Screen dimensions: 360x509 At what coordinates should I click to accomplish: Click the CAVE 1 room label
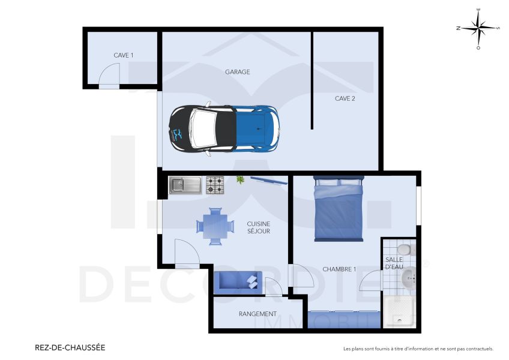124,55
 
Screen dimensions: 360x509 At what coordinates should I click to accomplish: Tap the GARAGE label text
237,72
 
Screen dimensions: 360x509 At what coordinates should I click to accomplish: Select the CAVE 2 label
345,98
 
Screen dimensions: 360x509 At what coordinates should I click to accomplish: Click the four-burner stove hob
215,185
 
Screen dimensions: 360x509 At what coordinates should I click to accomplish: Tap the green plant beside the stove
241,179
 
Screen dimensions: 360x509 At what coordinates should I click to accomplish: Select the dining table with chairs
215,226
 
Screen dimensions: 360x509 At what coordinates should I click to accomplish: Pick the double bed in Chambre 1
339,209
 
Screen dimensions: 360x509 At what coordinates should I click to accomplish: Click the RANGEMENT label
258,314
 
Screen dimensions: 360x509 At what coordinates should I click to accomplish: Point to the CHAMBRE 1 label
339,269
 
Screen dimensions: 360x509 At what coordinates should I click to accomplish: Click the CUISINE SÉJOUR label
259,227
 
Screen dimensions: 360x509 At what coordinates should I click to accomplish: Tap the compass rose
478,28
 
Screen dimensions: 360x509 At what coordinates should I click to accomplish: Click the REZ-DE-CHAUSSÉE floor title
70,347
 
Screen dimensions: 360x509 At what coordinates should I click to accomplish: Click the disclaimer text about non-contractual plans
418,349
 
